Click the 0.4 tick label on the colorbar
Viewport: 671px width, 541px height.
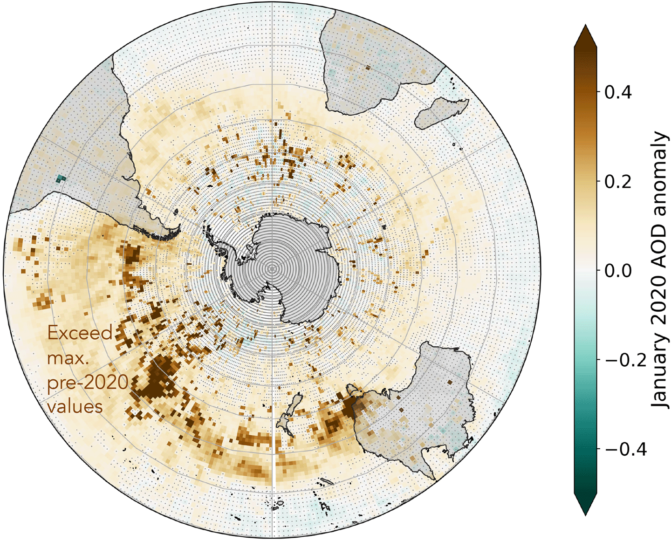(x=618, y=92)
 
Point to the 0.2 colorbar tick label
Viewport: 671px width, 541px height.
(x=618, y=181)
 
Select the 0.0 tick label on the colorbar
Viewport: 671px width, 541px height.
(x=618, y=271)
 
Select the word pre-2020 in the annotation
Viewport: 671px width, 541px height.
(x=88, y=382)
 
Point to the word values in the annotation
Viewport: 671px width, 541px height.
(x=75, y=406)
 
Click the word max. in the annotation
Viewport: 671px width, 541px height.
(x=65, y=358)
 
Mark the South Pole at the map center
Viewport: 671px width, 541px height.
(x=272, y=268)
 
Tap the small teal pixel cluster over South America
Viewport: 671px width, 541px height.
(x=60, y=178)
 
